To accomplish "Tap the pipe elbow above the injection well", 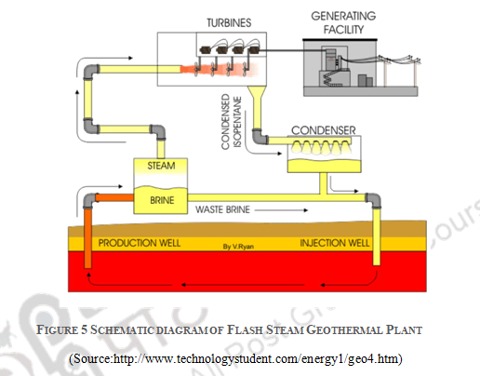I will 373,200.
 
